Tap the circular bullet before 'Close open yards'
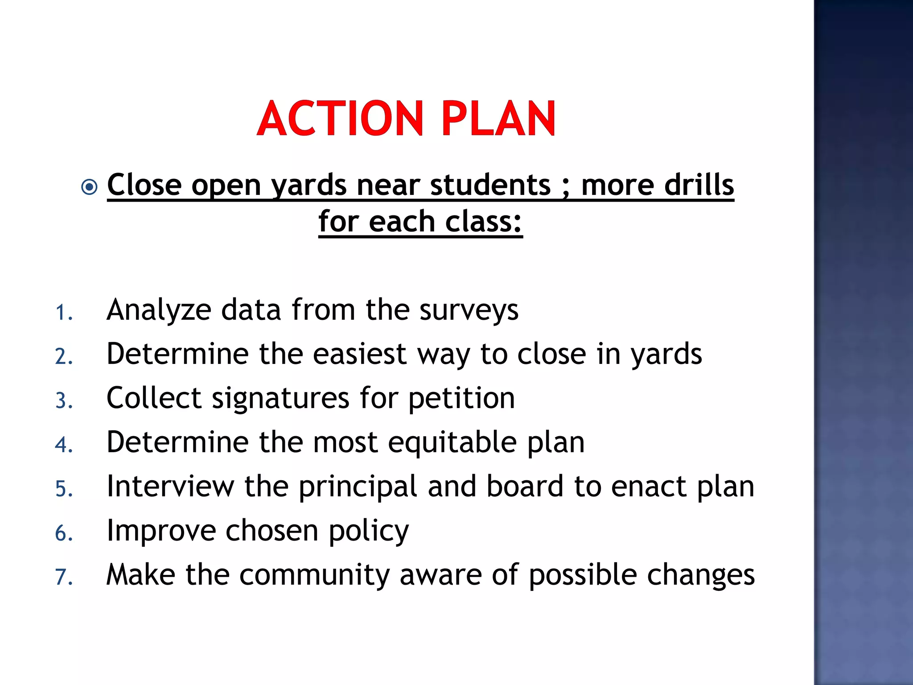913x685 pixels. (90, 187)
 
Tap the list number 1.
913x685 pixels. (64, 313)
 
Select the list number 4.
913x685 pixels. (64, 445)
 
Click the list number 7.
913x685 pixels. (64, 577)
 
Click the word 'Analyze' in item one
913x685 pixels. (159, 310)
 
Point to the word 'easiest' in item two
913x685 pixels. (360, 354)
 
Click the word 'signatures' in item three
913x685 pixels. (280, 398)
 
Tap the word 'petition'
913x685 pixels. (461, 398)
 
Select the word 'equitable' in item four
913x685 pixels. (452, 442)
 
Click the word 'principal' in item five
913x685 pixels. (358, 487)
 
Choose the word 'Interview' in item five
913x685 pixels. (170, 486)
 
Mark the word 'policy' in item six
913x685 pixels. (369, 531)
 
